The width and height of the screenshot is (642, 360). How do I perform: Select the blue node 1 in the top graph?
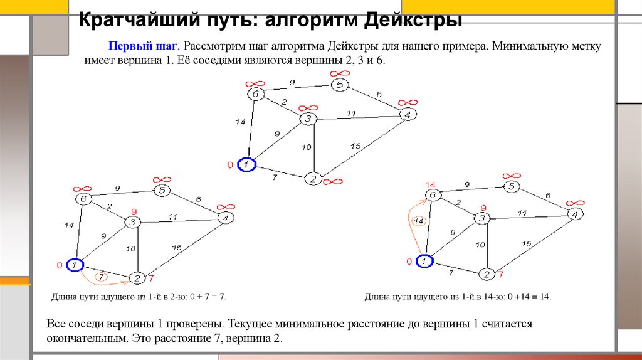(248, 164)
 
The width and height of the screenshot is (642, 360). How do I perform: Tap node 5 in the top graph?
(339, 85)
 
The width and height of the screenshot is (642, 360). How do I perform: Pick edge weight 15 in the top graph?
(355, 146)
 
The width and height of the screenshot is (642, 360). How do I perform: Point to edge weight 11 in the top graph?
(351, 113)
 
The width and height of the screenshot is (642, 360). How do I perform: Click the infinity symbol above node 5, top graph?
(339, 73)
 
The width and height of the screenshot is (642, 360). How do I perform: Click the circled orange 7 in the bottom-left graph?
(100, 275)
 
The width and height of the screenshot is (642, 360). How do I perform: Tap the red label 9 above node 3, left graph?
(133, 211)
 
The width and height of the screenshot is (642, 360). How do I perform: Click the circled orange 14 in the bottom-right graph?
(419, 221)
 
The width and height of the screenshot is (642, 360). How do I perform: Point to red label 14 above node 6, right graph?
(430, 184)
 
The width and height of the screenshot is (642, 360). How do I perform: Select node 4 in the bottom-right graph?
(572, 214)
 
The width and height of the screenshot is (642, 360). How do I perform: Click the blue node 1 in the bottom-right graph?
(424, 260)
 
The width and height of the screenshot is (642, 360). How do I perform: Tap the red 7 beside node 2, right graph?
(500, 275)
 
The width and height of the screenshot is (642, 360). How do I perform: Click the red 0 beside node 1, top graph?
(230, 166)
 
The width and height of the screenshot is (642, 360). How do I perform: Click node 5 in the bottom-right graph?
(512, 186)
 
